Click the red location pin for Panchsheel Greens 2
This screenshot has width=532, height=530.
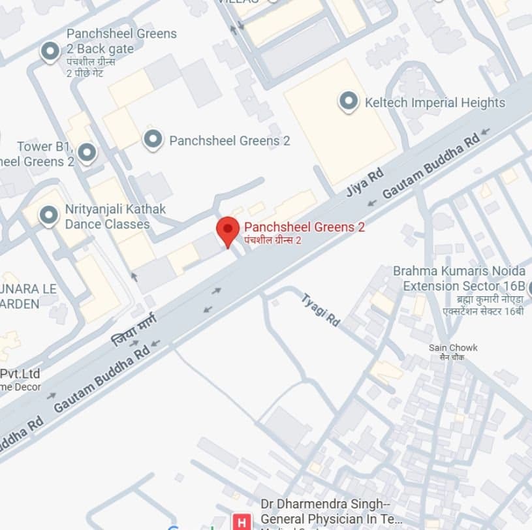click(x=227, y=230)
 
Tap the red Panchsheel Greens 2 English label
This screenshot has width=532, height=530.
click(x=304, y=227)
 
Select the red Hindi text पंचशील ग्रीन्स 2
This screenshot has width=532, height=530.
click(x=272, y=241)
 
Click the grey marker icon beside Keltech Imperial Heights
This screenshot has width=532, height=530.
click(x=349, y=102)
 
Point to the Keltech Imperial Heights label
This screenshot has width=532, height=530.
click(x=435, y=102)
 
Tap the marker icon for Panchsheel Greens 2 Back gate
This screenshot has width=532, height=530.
click(x=50, y=51)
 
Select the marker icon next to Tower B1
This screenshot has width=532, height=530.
click(x=87, y=153)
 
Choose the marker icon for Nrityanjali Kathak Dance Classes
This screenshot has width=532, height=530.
click(x=48, y=215)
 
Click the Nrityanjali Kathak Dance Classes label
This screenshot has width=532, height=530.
click(x=115, y=217)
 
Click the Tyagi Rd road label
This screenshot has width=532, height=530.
click(x=321, y=309)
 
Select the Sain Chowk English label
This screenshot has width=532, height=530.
click(x=453, y=347)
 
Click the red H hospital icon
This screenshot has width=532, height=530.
click(x=242, y=522)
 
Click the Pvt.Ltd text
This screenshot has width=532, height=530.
click(x=20, y=374)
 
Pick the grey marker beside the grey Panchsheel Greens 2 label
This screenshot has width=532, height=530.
click(x=153, y=139)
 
